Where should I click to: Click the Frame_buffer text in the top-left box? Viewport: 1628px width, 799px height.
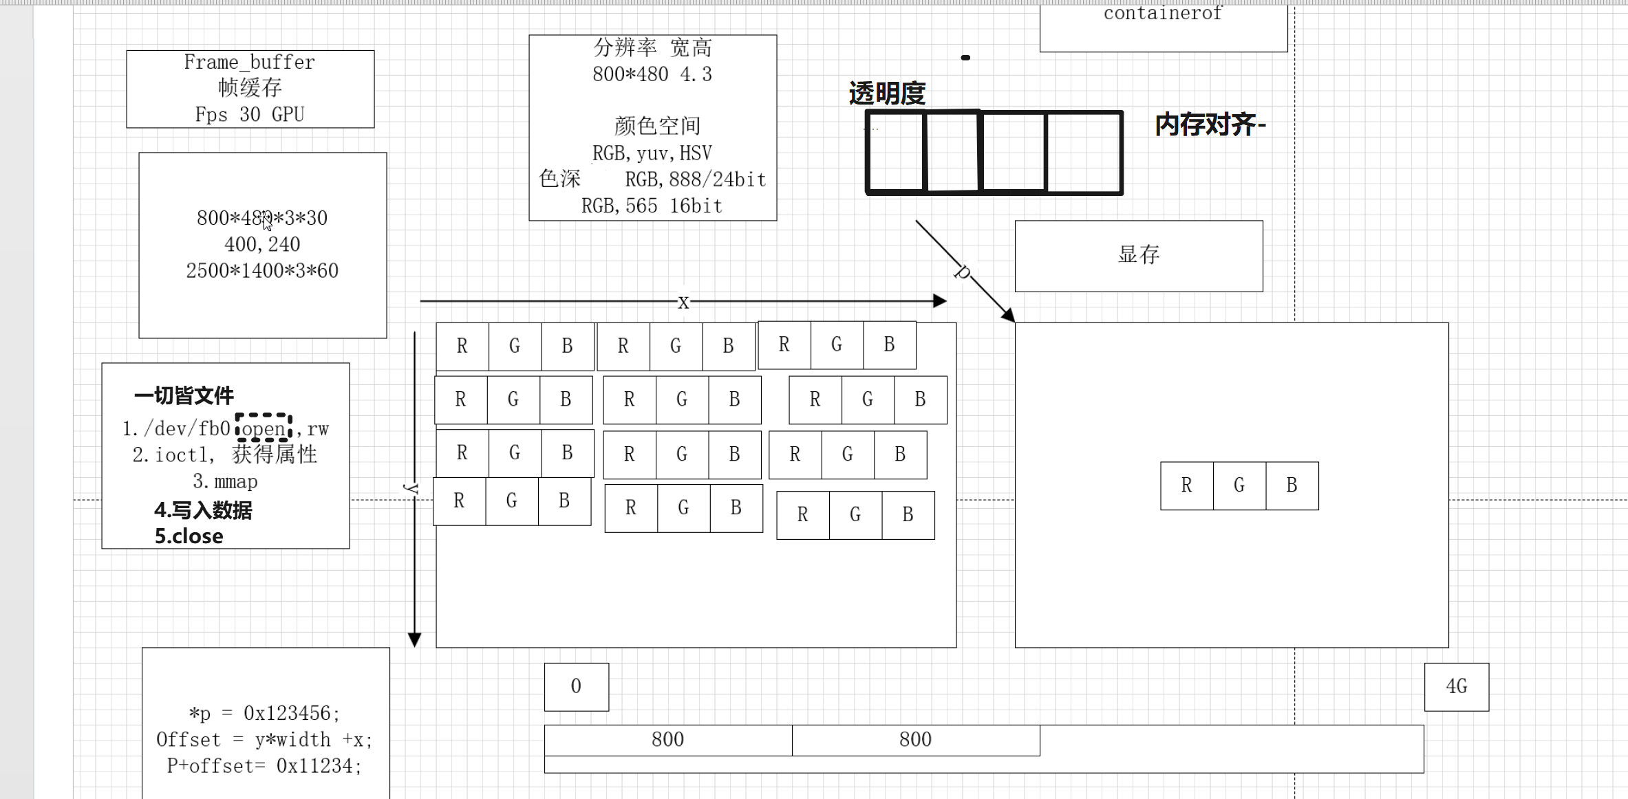pyautogui.click(x=249, y=63)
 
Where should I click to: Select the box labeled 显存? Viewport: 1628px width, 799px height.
pyautogui.click(x=1138, y=256)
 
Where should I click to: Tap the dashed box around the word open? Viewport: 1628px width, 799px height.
pyautogui.click(x=264, y=428)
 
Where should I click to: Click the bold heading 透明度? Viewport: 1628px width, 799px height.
pyautogui.click(x=887, y=94)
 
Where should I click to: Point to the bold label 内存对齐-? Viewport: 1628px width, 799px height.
pyautogui.click(x=1210, y=125)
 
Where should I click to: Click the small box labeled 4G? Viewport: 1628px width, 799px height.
pyautogui.click(x=1456, y=686)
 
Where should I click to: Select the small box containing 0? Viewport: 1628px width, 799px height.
pyautogui.click(x=576, y=686)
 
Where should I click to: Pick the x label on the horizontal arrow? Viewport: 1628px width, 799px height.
pyautogui.click(x=683, y=302)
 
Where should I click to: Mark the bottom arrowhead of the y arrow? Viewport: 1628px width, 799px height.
pyautogui.click(x=414, y=639)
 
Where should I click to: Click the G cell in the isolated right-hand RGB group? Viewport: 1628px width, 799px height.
pyautogui.click(x=1239, y=485)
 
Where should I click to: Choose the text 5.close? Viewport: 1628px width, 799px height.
pyautogui.click(x=189, y=536)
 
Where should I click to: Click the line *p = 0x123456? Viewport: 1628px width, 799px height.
pyautogui.click(x=264, y=713)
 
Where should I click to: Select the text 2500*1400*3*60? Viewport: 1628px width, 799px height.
pyautogui.click(x=262, y=271)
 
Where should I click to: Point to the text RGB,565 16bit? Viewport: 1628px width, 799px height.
pyautogui.click(x=652, y=206)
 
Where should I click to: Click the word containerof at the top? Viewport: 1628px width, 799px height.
pyautogui.click(x=1162, y=14)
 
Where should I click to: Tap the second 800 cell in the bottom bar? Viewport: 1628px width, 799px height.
pyautogui.click(x=915, y=740)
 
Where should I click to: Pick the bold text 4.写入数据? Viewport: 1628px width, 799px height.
pyautogui.click(x=203, y=510)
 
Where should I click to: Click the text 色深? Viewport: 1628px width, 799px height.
pyautogui.click(x=559, y=179)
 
